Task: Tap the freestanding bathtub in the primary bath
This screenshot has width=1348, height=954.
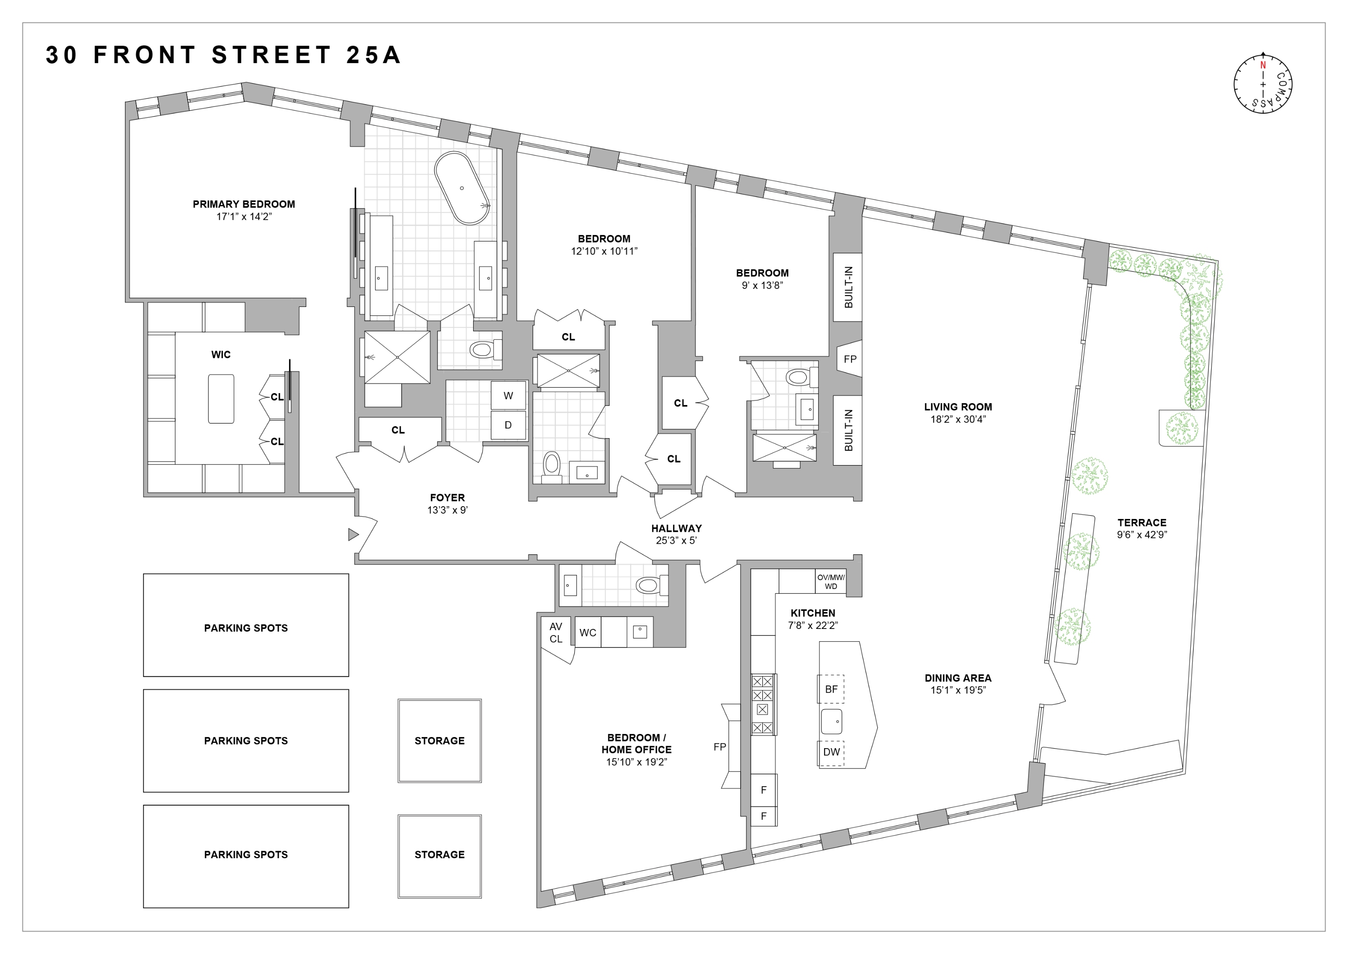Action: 462,188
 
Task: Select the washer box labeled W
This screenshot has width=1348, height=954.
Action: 508,396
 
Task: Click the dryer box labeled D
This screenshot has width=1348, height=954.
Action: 508,425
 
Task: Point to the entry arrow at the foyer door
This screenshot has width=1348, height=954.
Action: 353,534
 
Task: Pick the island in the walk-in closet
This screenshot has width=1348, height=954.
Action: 221,398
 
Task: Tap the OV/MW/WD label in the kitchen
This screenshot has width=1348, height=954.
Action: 831,582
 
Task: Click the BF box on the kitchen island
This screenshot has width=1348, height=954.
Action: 831,689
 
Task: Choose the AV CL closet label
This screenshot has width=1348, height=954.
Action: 555,632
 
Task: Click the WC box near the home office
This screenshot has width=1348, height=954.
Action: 587,632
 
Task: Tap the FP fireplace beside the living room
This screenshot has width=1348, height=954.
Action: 850,359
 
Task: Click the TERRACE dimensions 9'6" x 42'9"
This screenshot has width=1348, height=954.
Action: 1141,534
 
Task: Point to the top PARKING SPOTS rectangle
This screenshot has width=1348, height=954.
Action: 245,625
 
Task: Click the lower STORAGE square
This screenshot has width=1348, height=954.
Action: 439,856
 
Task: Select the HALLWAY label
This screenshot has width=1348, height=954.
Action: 676,528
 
